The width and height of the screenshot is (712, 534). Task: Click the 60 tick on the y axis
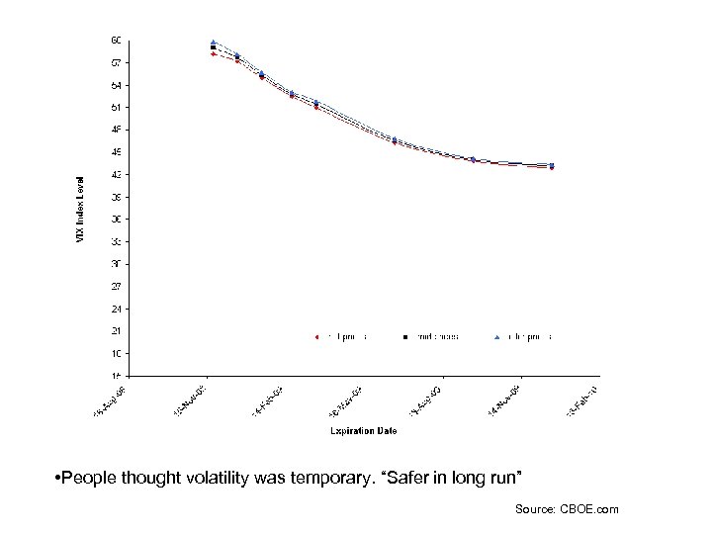(116, 41)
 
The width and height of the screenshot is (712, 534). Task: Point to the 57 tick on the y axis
(116, 62)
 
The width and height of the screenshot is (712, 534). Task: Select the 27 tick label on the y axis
(116, 287)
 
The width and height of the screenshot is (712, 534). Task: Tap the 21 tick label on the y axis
(116, 331)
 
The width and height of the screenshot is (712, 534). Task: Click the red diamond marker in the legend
(317, 337)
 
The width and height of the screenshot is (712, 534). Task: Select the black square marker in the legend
(405, 337)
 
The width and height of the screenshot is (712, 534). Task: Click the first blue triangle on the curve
(214, 43)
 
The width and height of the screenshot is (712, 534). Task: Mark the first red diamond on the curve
(214, 53)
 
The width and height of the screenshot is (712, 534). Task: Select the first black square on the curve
(214, 47)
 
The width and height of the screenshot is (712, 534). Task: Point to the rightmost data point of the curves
(552, 166)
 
